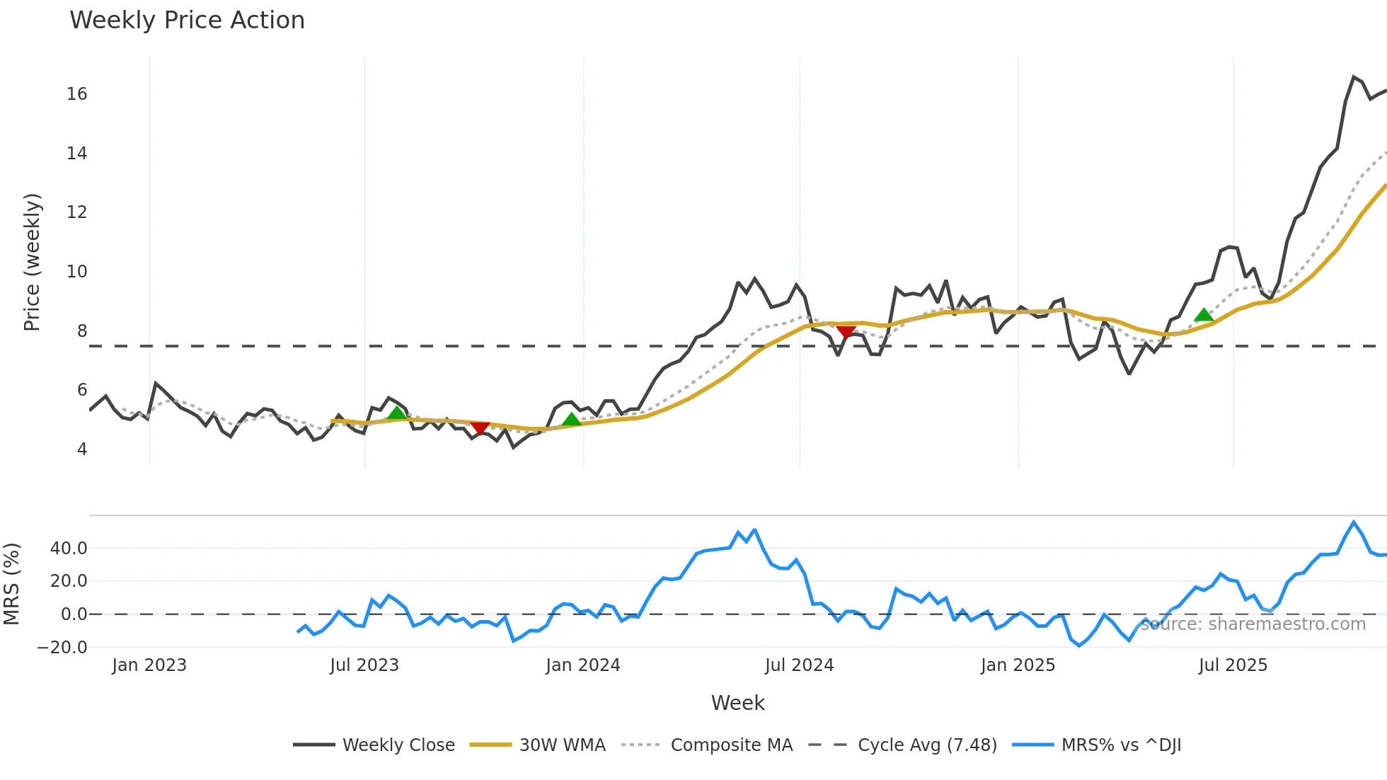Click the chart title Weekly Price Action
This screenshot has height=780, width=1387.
187,21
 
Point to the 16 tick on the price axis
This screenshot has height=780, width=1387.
76,94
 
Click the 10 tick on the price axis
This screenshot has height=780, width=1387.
76,272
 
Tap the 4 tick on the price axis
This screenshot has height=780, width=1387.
82,449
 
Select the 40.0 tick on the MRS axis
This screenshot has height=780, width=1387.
69,549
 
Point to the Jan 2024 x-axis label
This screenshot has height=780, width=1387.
582,666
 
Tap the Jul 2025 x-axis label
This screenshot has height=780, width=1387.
1233,666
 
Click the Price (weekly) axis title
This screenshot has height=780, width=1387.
32,262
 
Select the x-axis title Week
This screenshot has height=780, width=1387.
737,704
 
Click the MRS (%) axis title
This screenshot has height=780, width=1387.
11,584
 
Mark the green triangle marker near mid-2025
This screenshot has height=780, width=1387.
1204,315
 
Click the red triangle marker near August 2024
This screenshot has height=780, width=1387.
846,331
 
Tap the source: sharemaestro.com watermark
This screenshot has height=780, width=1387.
1253,624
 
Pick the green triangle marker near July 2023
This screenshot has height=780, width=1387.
397,413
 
